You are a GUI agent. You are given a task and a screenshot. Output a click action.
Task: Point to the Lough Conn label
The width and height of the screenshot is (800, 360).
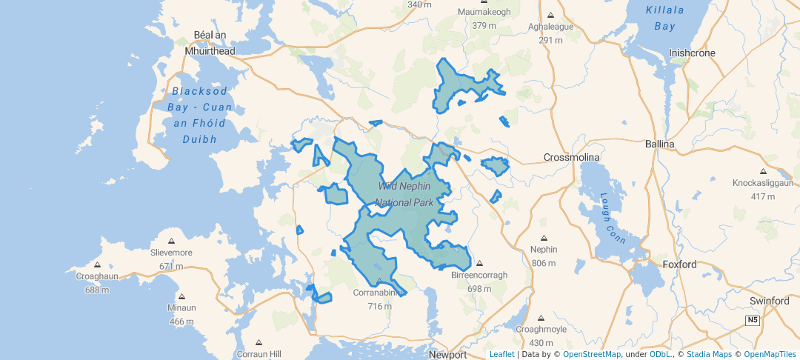pyautogui.click(x=614, y=219)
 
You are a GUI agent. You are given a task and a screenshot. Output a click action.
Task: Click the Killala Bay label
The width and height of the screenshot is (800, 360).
pyautogui.click(x=660, y=18)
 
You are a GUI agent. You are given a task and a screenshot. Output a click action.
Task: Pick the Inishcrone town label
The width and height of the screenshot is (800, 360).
pyautogui.click(x=692, y=53)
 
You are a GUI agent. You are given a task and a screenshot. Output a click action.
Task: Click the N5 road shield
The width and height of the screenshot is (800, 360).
pyautogui.click(x=753, y=320)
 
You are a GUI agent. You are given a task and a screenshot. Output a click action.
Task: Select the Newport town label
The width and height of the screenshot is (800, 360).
pyautogui.click(x=448, y=355)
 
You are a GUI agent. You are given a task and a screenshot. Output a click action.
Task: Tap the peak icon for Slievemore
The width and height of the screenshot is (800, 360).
pyautogui.click(x=171, y=241)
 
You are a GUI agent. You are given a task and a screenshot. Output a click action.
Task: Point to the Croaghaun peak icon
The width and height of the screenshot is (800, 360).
pyautogui.click(x=97, y=264)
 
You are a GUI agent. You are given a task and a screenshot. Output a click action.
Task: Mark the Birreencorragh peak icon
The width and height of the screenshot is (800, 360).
pyautogui.click(x=479, y=264)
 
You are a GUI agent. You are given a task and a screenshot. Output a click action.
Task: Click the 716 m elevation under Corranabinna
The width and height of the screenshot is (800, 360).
pyautogui.click(x=379, y=306)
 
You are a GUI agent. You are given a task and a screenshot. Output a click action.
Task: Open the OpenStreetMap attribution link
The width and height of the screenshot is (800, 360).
pyautogui.click(x=592, y=354)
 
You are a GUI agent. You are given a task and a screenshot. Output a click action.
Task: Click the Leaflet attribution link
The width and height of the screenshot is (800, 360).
pyautogui.click(x=501, y=354)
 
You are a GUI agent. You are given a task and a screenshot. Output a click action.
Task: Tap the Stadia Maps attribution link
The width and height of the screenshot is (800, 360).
pyautogui.click(x=710, y=354)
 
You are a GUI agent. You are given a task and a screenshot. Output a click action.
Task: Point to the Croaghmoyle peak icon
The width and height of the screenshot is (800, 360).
pyautogui.click(x=541, y=317)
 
